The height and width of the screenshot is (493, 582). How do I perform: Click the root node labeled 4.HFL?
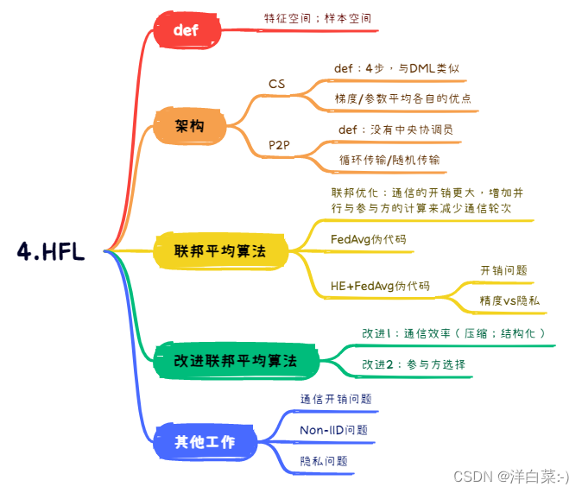pos(51,250)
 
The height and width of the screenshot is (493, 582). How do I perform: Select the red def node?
pos(186,30)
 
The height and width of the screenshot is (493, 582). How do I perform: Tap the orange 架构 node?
pos(189,127)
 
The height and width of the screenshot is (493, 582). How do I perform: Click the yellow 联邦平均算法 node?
pos(218,251)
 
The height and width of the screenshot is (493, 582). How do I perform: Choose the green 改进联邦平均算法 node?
pos(235,360)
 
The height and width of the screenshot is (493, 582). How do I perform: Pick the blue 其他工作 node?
pos(204,441)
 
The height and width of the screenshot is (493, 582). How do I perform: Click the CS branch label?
pos(276,84)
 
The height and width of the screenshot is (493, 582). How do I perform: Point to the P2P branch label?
pos(279,145)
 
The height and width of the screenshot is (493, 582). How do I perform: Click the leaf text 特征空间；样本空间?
pos(319,17)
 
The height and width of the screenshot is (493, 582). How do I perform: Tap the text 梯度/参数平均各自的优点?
pos(403,98)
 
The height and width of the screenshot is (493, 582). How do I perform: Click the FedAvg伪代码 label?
pos(368,239)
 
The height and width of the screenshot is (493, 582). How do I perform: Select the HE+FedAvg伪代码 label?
pos(380,287)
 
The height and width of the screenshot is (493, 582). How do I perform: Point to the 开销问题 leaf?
pos(503,270)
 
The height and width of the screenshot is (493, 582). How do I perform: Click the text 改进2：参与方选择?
pos(414,364)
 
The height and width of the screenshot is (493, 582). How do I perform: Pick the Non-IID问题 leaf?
pos(333,430)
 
